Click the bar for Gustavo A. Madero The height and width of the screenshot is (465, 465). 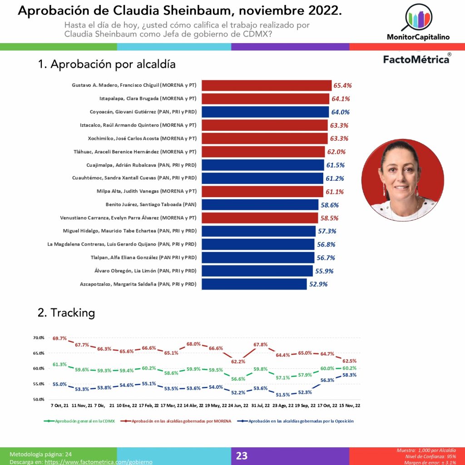pyautogui.click(x=267, y=85)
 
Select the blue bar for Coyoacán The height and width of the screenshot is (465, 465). pyautogui.click(x=265, y=112)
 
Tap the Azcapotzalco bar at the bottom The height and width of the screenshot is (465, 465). pyautogui.click(x=254, y=284)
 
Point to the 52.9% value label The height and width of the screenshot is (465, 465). pyautogui.click(x=318, y=284)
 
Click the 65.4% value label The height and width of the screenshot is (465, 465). pyautogui.click(x=342, y=85)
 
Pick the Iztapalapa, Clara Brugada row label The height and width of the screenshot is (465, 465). pyautogui.click(x=148, y=99)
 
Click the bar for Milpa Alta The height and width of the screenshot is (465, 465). pyautogui.click(x=262, y=192)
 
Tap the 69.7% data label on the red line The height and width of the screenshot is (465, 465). pyautogui.click(x=60, y=339)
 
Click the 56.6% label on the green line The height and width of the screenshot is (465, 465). pyautogui.click(x=238, y=379)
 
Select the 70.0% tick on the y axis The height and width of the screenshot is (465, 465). pyautogui.click(x=39, y=338)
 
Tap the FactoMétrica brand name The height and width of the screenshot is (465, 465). pyautogui.click(x=416, y=59)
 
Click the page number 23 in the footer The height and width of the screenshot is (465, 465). pyautogui.click(x=242, y=455)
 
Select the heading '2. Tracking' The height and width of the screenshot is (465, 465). pyautogui.click(x=66, y=312)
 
